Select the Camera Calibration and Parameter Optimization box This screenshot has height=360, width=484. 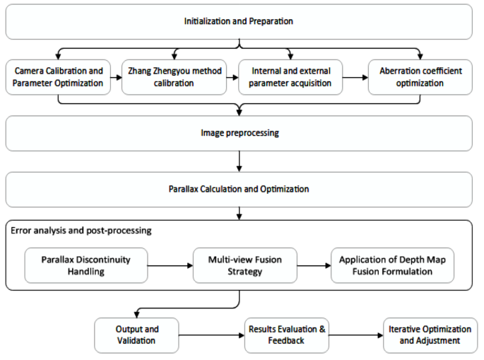point(58,77)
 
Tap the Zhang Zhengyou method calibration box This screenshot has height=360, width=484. point(174,77)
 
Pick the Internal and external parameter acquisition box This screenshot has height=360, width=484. point(290,77)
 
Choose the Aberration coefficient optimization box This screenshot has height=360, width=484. point(420,77)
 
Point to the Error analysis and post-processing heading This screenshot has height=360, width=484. point(81,231)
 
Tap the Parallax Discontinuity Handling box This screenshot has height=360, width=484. point(87,265)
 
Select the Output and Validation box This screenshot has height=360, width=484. point(137,335)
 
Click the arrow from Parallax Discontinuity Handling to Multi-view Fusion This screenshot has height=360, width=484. point(172,265)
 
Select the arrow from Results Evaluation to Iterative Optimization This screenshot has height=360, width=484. point(355,335)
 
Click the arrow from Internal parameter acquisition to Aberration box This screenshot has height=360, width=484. point(355,77)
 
